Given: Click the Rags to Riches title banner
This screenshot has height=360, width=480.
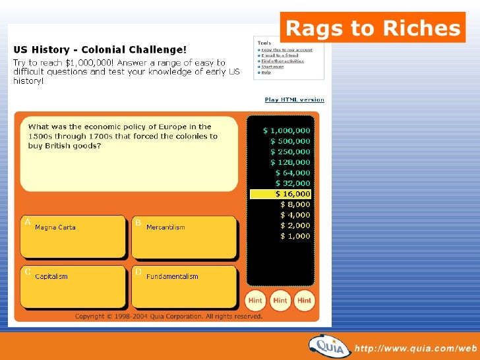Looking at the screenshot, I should click(x=373, y=28).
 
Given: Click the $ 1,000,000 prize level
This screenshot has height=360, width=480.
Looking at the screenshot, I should click(x=287, y=131).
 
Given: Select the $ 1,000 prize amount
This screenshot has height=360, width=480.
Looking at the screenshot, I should click(x=295, y=236).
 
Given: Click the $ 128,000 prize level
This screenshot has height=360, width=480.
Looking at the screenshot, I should click(x=289, y=162).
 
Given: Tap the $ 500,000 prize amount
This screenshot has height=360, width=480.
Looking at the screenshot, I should click(x=289, y=141).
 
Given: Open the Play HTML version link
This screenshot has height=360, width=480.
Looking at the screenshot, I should click(x=294, y=100).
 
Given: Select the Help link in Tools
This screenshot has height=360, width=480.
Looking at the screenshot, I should click(x=266, y=73).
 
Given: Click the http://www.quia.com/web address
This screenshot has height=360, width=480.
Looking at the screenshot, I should click(x=415, y=347).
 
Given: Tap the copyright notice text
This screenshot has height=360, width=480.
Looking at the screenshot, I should click(x=169, y=316).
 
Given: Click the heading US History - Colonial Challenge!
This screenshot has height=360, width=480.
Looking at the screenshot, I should click(x=100, y=49).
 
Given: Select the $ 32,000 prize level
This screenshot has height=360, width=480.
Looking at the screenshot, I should click(x=292, y=183).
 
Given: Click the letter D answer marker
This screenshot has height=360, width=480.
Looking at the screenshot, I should click(x=138, y=272).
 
